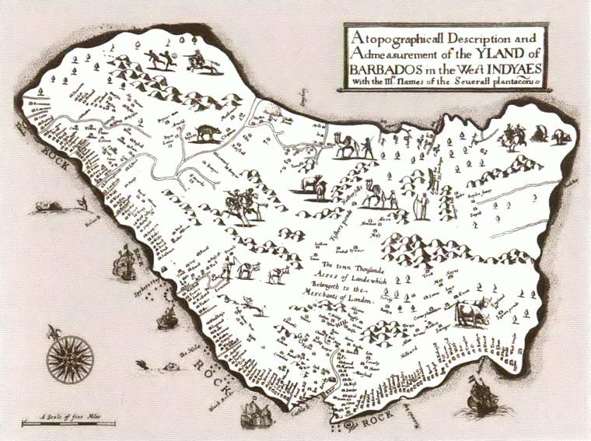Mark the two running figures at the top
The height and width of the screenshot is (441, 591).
point(159,59)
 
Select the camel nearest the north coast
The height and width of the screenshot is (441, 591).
point(347,145)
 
